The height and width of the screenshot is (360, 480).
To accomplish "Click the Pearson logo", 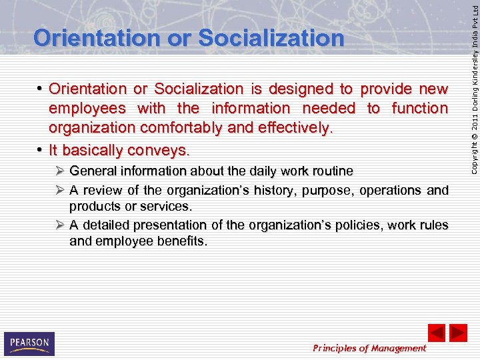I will pyautogui.click(x=29, y=343).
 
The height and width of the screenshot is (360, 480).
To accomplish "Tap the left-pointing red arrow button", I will pyautogui.click(x=436, y=333).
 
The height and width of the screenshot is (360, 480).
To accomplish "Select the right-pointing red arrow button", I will pyautogui.click(x=458, y=333).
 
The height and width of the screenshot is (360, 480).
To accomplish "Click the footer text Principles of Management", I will pyautogui.click(x=369, y=348).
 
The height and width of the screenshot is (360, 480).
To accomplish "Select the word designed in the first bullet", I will pyautogui.click(x=300, y=89).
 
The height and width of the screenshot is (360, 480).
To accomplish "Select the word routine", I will pyautogui.click(x=328, y=171).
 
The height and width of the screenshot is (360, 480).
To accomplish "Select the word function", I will pyautogui.click(x=420, y=108).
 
